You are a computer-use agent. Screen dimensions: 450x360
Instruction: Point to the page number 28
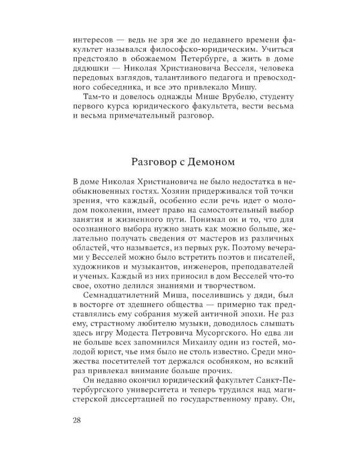click(77, 419)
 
